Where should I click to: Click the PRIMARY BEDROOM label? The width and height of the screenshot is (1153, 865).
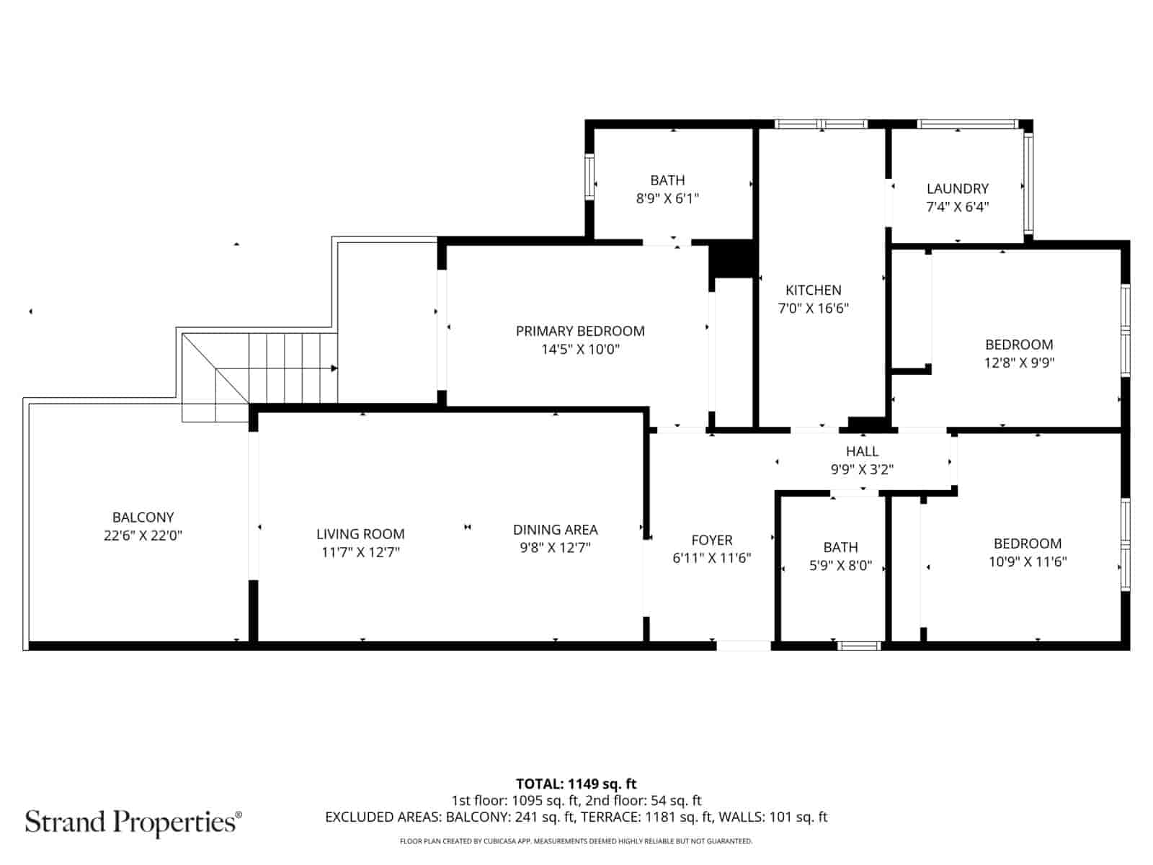pos(580,331)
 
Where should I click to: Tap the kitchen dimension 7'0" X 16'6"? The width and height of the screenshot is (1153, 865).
pos(813,309)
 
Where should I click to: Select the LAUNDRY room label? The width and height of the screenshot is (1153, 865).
pos(957,189)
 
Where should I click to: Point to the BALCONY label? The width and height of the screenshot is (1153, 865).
pos(143,517)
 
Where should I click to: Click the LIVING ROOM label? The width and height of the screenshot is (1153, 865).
pos(360,534)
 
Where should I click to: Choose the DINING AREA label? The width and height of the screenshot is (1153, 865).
pos(555,530)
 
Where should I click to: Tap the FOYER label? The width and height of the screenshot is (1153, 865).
pos(711,540)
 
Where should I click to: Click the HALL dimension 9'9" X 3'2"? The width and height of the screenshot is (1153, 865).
pos(862,469)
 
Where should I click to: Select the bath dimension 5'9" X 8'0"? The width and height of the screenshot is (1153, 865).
pos(840,566)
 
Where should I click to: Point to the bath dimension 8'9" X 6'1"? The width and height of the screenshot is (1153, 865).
pos(667,198)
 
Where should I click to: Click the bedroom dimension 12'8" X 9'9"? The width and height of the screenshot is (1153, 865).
pos(1019,363)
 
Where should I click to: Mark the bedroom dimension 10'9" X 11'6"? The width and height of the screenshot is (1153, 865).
pos(1028,562)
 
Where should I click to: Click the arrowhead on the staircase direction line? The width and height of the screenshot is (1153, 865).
pos(334,368)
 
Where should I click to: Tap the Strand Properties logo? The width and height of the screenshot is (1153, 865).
pos(133,822)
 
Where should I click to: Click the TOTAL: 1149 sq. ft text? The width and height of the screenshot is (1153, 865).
pos(576,784)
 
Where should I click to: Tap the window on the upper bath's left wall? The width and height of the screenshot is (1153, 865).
pos(589,177)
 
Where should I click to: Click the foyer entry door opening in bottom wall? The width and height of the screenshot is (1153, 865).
pos(744,645)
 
